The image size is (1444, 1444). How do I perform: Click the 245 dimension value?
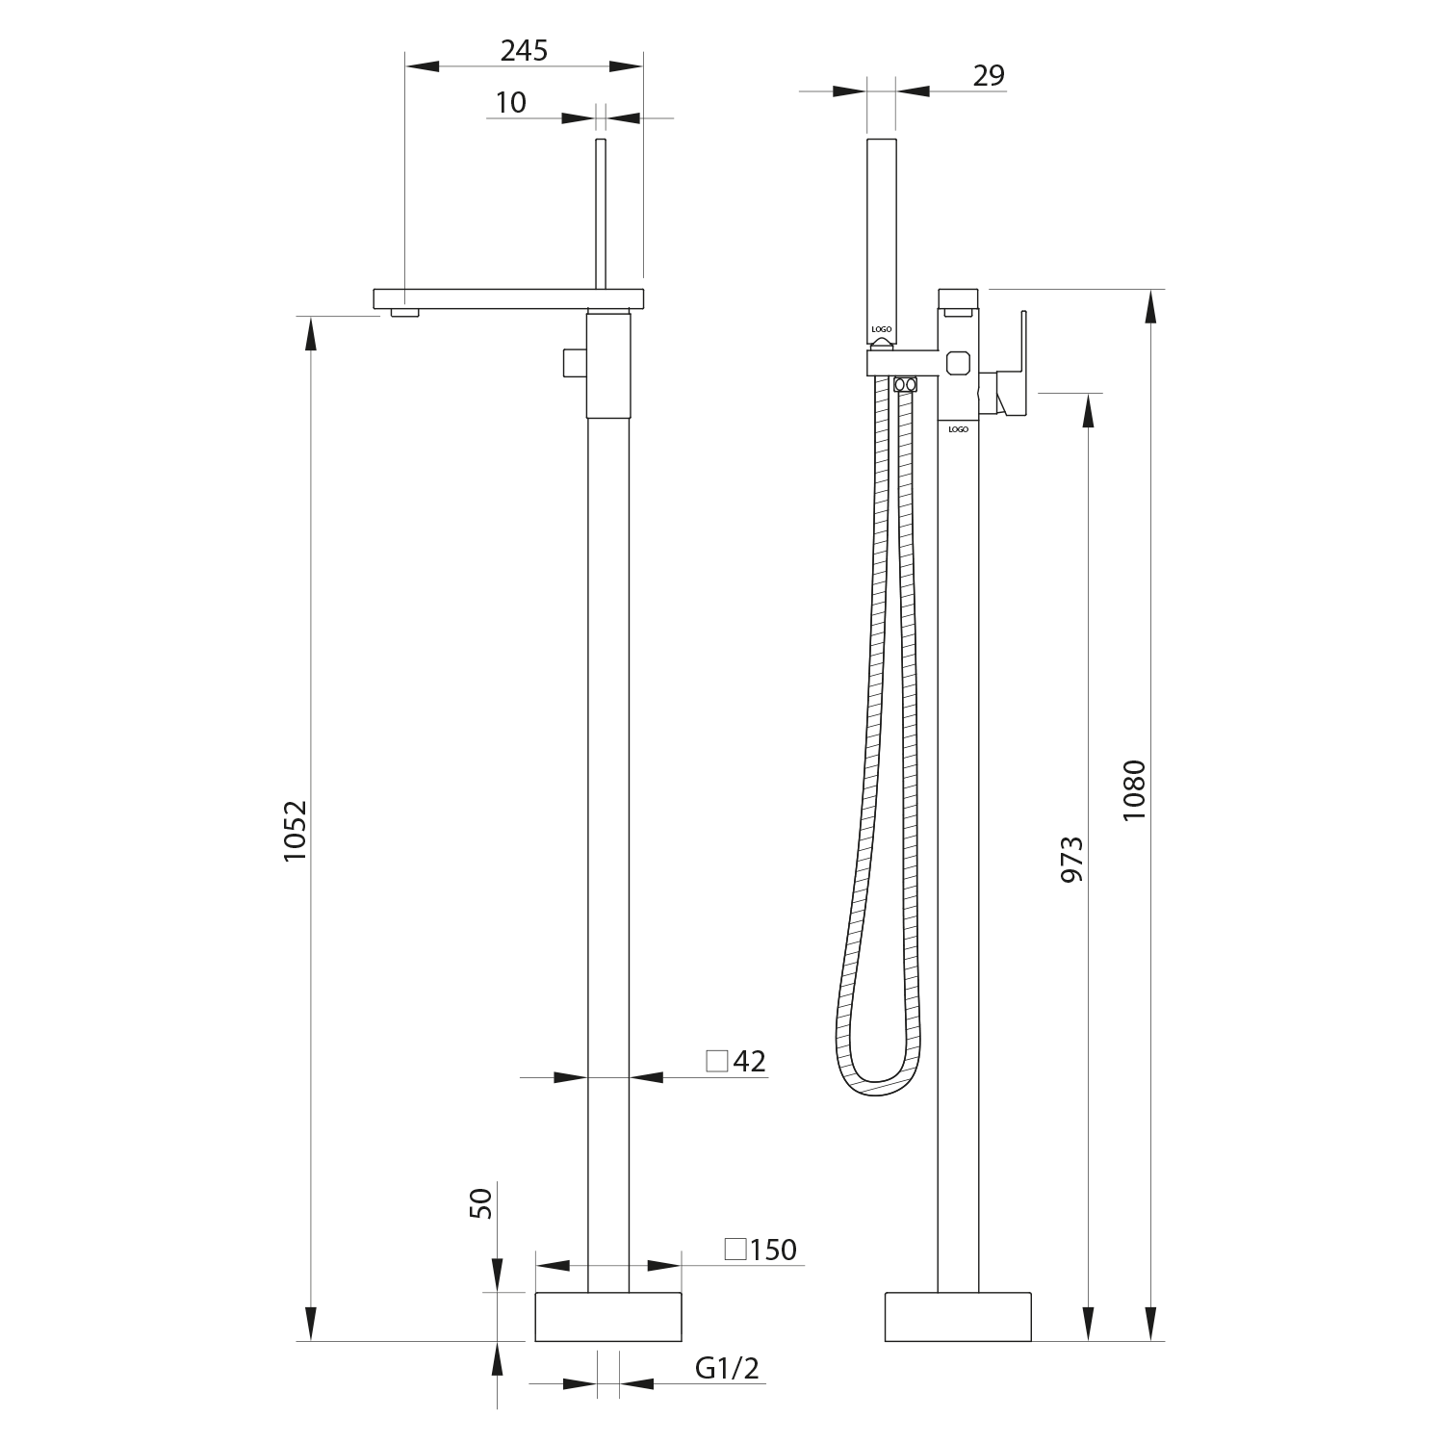click(524, 50)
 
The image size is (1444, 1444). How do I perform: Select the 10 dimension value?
click(511, 102)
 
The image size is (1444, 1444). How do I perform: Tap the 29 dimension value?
click(989, 75)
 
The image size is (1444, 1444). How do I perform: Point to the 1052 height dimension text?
click(295, 830)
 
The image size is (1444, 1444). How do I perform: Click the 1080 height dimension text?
click(1135, 789)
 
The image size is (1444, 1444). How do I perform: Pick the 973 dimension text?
click(1072, 859)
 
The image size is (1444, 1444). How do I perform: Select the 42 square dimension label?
click(736, 1062)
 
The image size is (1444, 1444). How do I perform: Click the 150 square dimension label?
click(761, 1250)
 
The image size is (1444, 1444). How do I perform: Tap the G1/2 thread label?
click(727, 1369)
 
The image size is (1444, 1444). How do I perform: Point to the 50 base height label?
click(480, 1202)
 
